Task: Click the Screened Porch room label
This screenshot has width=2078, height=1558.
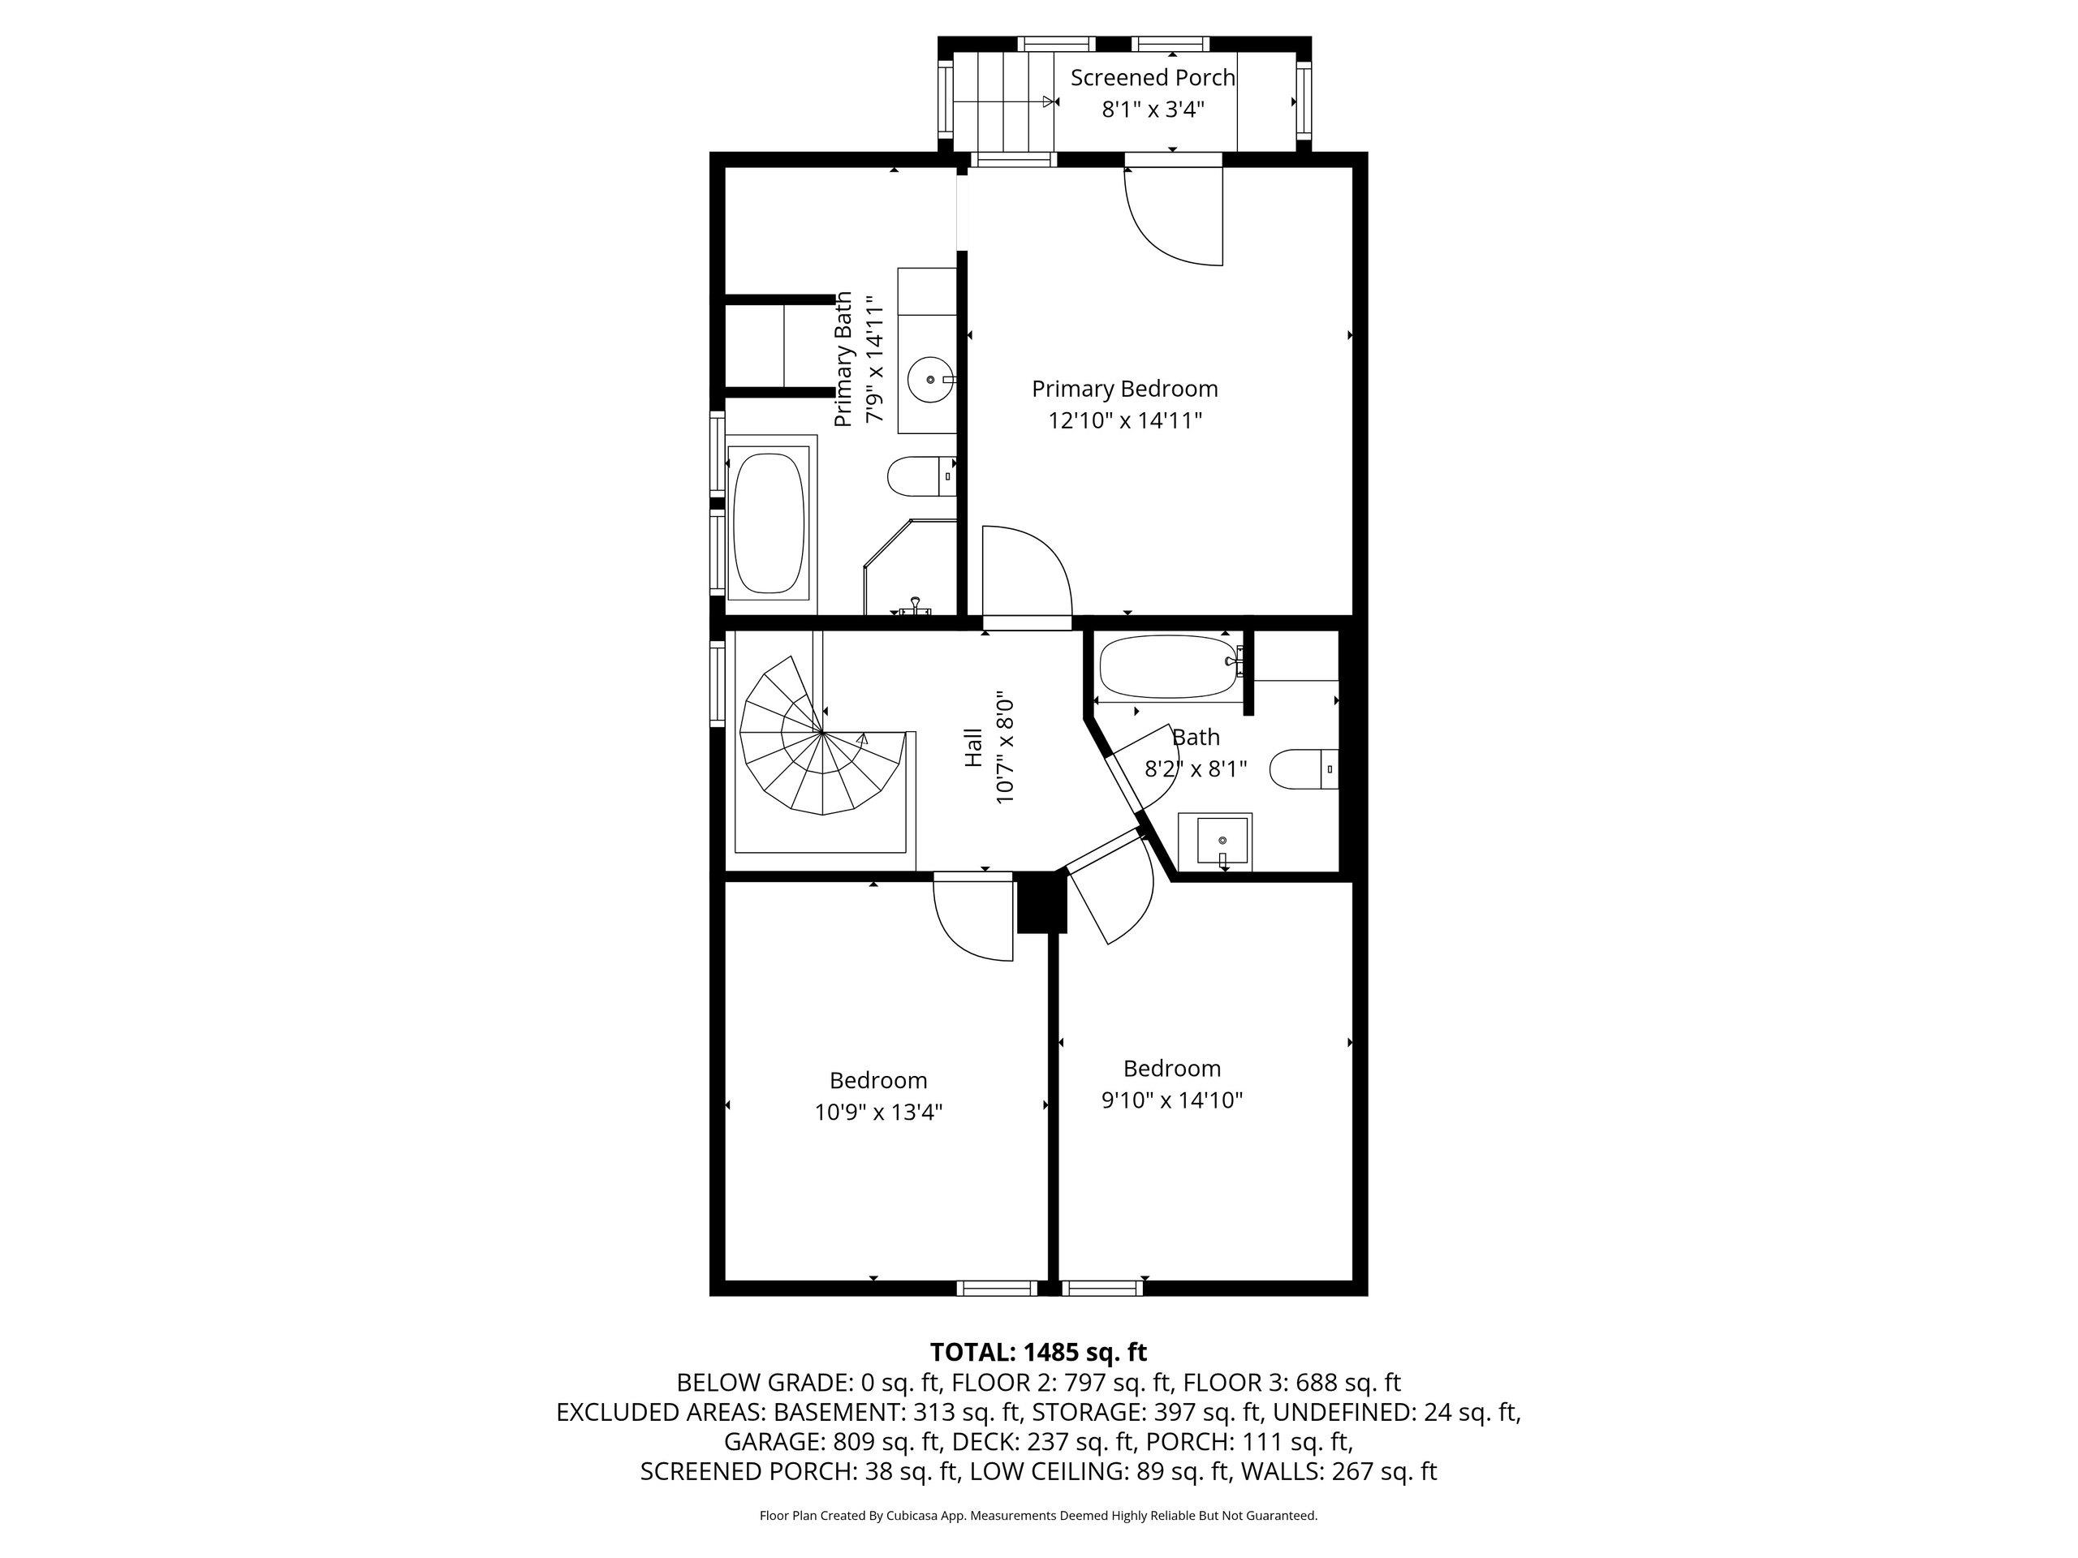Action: click(1153, 78)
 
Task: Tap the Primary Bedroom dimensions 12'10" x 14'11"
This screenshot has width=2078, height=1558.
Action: click(1125, 420)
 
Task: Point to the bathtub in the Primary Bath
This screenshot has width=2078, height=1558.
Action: click(770, 518)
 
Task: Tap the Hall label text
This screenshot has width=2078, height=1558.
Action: click(974, 747)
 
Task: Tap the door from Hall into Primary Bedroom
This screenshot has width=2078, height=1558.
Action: click(1027, 575)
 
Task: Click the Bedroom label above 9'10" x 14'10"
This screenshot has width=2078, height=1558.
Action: click(1172, 1068)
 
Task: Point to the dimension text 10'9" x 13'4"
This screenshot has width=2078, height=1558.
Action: click(878, 1112)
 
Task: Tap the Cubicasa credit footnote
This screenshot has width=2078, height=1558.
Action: click(1038, 1515)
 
